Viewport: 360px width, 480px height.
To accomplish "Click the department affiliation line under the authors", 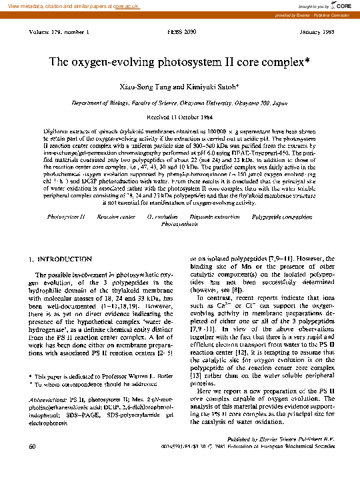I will [179, 104].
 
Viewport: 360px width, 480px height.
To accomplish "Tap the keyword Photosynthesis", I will [179, 225].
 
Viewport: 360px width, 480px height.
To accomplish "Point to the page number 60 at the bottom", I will [32, 455].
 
